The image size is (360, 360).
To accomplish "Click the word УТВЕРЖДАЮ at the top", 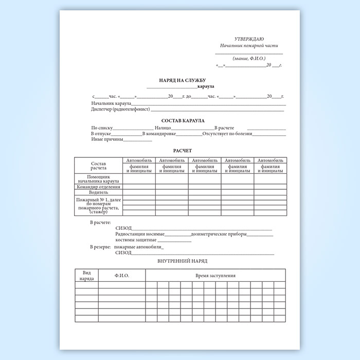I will (249, 39).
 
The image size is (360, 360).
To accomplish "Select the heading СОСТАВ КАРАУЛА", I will (183, 120).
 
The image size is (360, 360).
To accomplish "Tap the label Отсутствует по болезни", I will (227, 134).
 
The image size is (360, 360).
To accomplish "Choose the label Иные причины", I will (107, 139).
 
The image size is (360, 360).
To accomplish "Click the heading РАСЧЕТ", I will (182, 151).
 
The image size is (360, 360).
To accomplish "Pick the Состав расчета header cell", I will (98, 166).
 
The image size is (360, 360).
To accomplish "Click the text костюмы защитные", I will (136, 240).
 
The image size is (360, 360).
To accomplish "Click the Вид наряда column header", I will (86, 275).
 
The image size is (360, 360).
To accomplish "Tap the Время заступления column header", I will (215, 276).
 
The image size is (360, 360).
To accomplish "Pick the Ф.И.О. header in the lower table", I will (122, 276).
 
